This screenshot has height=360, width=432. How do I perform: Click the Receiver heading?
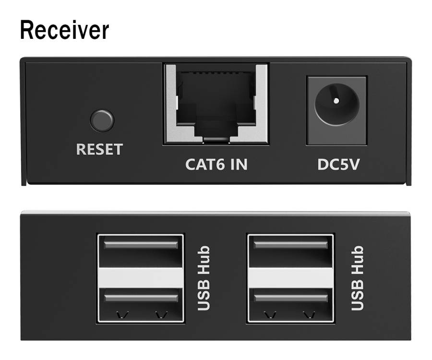[x=64, y=30]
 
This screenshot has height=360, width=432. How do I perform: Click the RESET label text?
[x=99, y=149]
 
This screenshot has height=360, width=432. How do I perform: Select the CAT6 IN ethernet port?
[x=216, y=104]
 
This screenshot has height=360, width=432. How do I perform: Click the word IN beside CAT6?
[x=239, y=165]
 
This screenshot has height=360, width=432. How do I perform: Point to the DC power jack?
[x=336, y=110]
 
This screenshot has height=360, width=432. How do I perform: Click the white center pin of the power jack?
[x=336, y=101]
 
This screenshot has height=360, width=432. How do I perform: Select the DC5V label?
[x=338, y=165]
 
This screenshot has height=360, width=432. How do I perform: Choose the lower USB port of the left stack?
[x=141, y=305]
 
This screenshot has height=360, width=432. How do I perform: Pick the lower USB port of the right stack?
[x=290, y=305]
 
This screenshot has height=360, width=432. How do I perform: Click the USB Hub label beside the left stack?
[x=204, y=278]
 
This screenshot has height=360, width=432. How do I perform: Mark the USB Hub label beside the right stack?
[x=357, y=278]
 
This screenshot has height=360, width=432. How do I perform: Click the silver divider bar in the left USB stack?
[x=141, y=278]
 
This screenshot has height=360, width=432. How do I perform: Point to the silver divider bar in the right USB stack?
[x=290, y=278]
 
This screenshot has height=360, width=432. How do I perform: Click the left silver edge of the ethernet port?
[x=171, y=104]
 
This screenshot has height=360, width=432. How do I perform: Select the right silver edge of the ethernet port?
[x=262, y=104]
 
